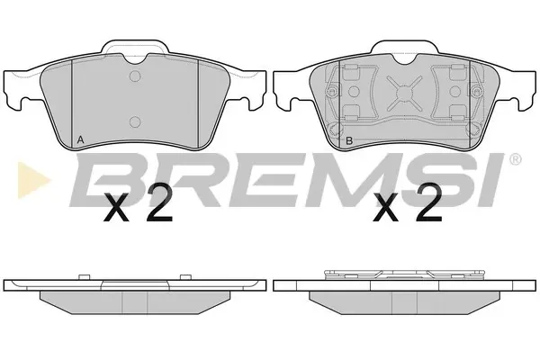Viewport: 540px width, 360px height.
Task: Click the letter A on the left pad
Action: [80, 139]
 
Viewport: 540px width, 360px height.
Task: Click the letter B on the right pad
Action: [349, 140]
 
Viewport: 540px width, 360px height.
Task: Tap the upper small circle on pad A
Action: [135, 76]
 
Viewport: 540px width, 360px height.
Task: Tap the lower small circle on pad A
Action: [135, 121]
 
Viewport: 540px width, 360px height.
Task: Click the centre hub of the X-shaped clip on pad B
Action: [404, 93]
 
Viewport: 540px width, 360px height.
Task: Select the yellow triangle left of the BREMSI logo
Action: [33, 180]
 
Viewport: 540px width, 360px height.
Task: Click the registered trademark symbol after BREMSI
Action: [515, 159]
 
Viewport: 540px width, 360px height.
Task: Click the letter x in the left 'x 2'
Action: [116, 207]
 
